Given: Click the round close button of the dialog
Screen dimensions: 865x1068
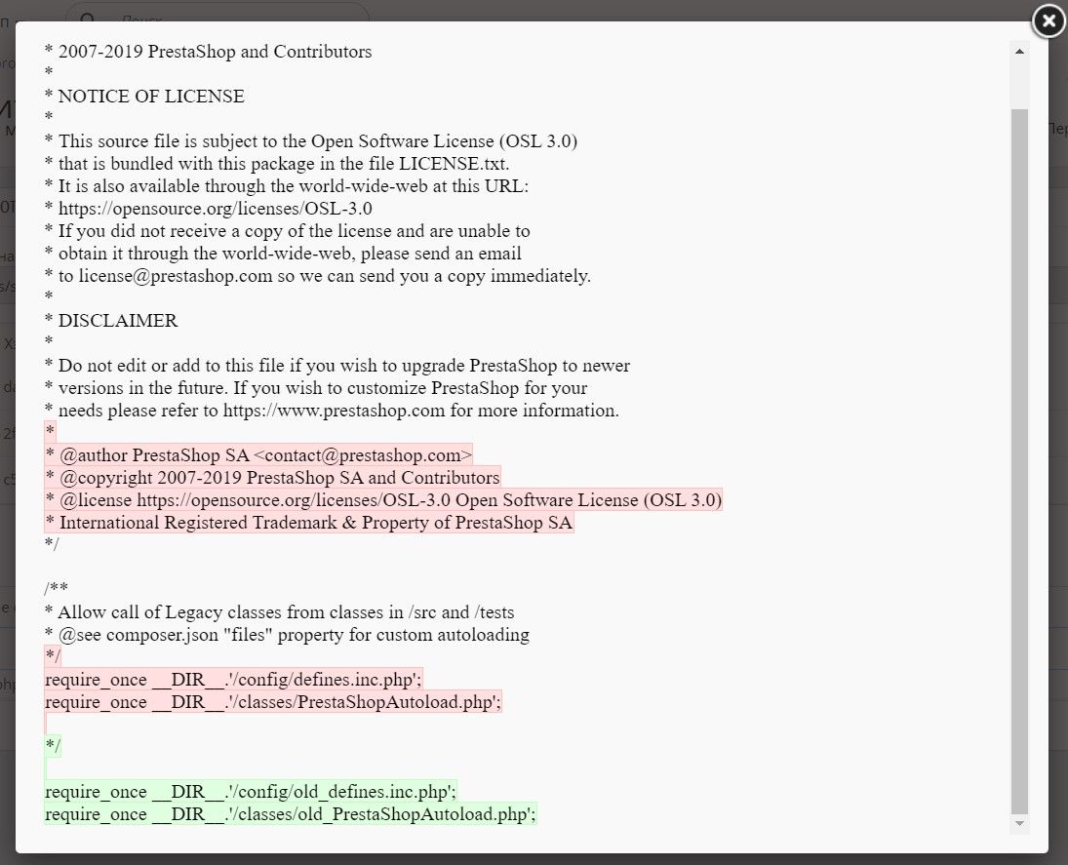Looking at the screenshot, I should coord(1048,20).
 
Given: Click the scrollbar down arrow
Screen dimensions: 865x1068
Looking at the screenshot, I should coord(1019,824).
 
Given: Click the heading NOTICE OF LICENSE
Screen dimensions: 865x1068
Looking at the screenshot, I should coord(151,97).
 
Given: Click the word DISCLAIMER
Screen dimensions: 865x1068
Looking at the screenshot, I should coord(118,321).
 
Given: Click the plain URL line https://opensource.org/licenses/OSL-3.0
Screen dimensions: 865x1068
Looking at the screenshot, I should coord(215,209).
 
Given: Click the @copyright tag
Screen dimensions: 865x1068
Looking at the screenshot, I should coord(101,478).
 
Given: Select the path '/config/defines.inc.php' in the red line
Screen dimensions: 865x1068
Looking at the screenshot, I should coord(323,679).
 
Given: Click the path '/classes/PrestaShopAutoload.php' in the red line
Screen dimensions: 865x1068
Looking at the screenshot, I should coord(362,701).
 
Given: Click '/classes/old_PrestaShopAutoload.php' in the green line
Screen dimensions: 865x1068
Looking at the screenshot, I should coord(379,813).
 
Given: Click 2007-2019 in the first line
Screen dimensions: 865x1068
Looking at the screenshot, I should coord(100,52).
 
